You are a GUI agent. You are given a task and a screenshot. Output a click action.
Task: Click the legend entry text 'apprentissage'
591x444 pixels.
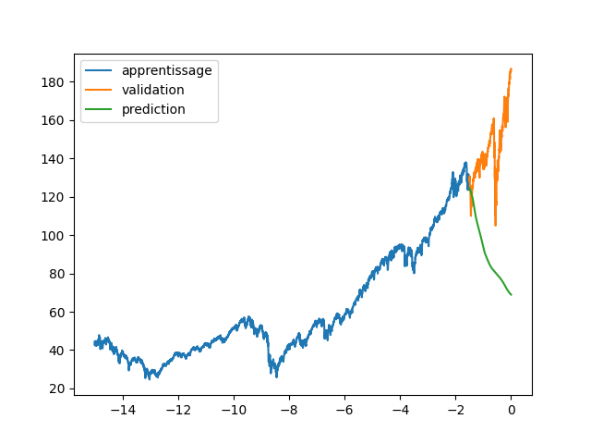[x=166, y=70]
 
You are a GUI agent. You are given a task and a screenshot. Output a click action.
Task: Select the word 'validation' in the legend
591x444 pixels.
[x=152, y=90]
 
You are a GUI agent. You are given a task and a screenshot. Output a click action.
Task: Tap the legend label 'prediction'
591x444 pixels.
[x=153, y=109]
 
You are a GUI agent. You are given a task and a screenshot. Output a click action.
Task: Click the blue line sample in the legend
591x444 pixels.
[x=101, y=70]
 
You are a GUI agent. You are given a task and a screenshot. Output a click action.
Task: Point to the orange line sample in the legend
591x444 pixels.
[x=101, y=90]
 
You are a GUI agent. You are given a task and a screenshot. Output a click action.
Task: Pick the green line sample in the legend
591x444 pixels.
[x=101, y=109]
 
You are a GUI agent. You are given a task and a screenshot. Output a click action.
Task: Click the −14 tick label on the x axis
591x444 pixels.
[x=123, y=409]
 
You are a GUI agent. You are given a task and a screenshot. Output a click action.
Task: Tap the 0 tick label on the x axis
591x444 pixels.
[x=511, y=409]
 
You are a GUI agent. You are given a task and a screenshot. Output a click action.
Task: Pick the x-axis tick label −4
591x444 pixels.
[x=400, y=409]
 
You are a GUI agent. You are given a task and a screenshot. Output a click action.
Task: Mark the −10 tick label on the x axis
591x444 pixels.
[x=234, y=409]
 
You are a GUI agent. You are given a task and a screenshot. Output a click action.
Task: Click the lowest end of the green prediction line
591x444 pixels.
[x=511, y=294]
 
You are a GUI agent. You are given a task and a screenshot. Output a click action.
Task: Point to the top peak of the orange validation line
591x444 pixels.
[x=511, y=68]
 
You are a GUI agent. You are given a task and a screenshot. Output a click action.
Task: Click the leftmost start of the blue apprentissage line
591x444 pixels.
[x=95, y=343]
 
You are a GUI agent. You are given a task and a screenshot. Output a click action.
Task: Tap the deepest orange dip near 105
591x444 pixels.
[x=496, y=225]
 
